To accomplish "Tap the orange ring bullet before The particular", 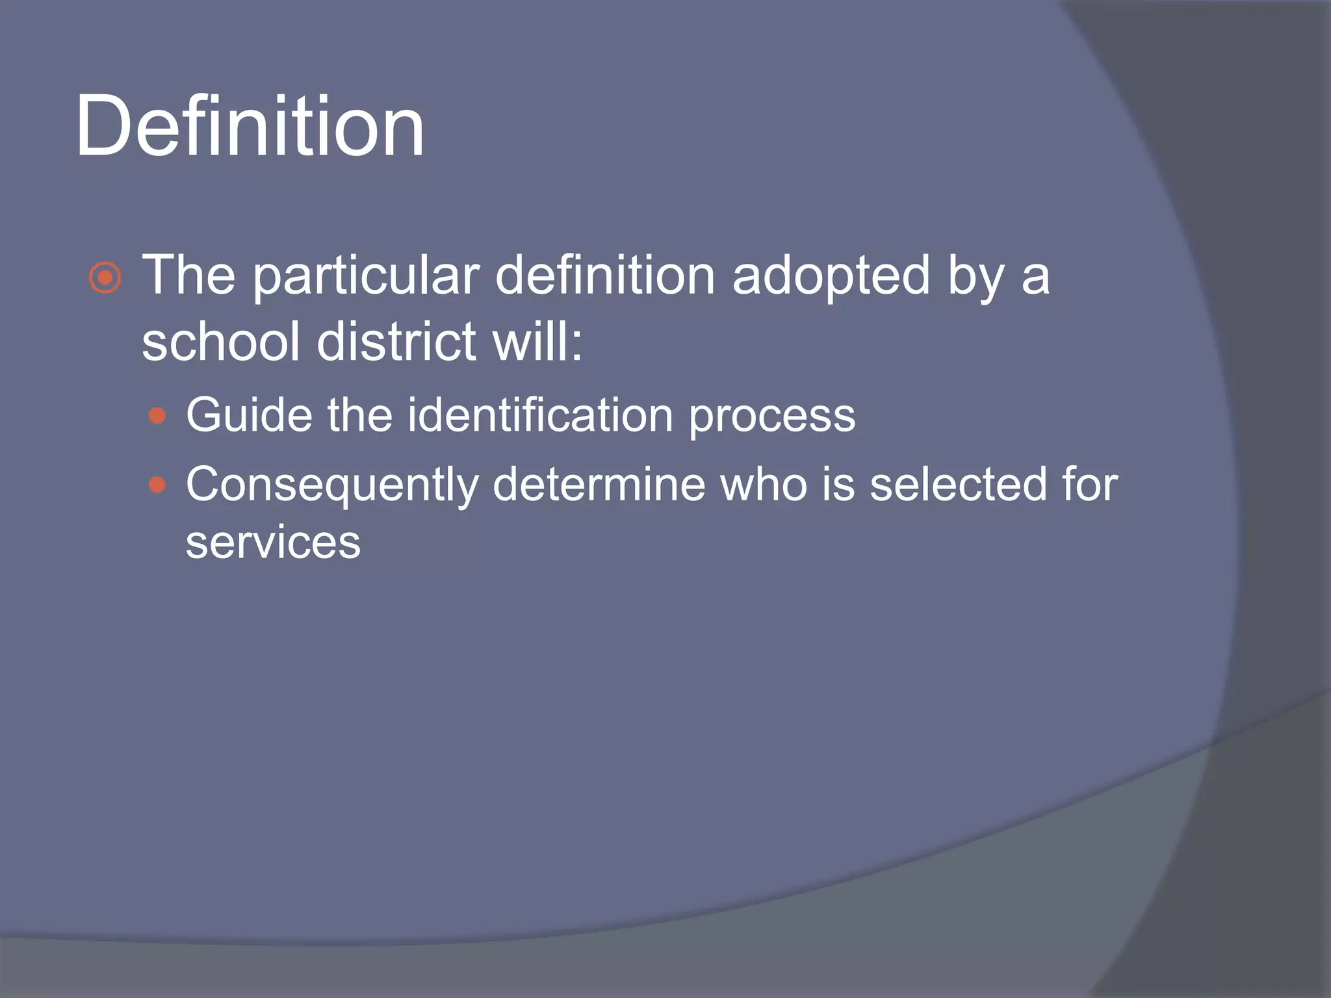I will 105,278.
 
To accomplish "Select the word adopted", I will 831,277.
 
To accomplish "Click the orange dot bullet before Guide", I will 157,416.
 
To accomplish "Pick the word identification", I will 540,415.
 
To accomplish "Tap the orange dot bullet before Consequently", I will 157,485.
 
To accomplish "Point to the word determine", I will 599,485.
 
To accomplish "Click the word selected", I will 959,485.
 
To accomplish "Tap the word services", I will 273,543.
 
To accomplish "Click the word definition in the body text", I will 604,275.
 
